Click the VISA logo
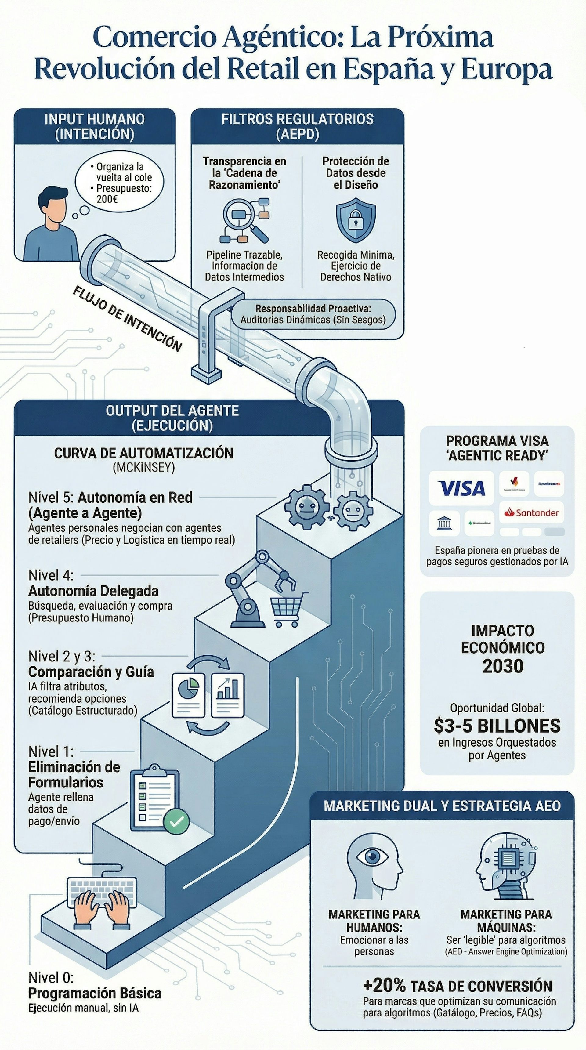click(461, 488)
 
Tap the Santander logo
click(531, 512)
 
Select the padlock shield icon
click(356, 220)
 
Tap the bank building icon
click(444, 523)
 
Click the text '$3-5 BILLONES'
click(497, 726)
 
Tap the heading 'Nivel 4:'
click(51, 575)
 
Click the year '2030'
click(502, 666)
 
